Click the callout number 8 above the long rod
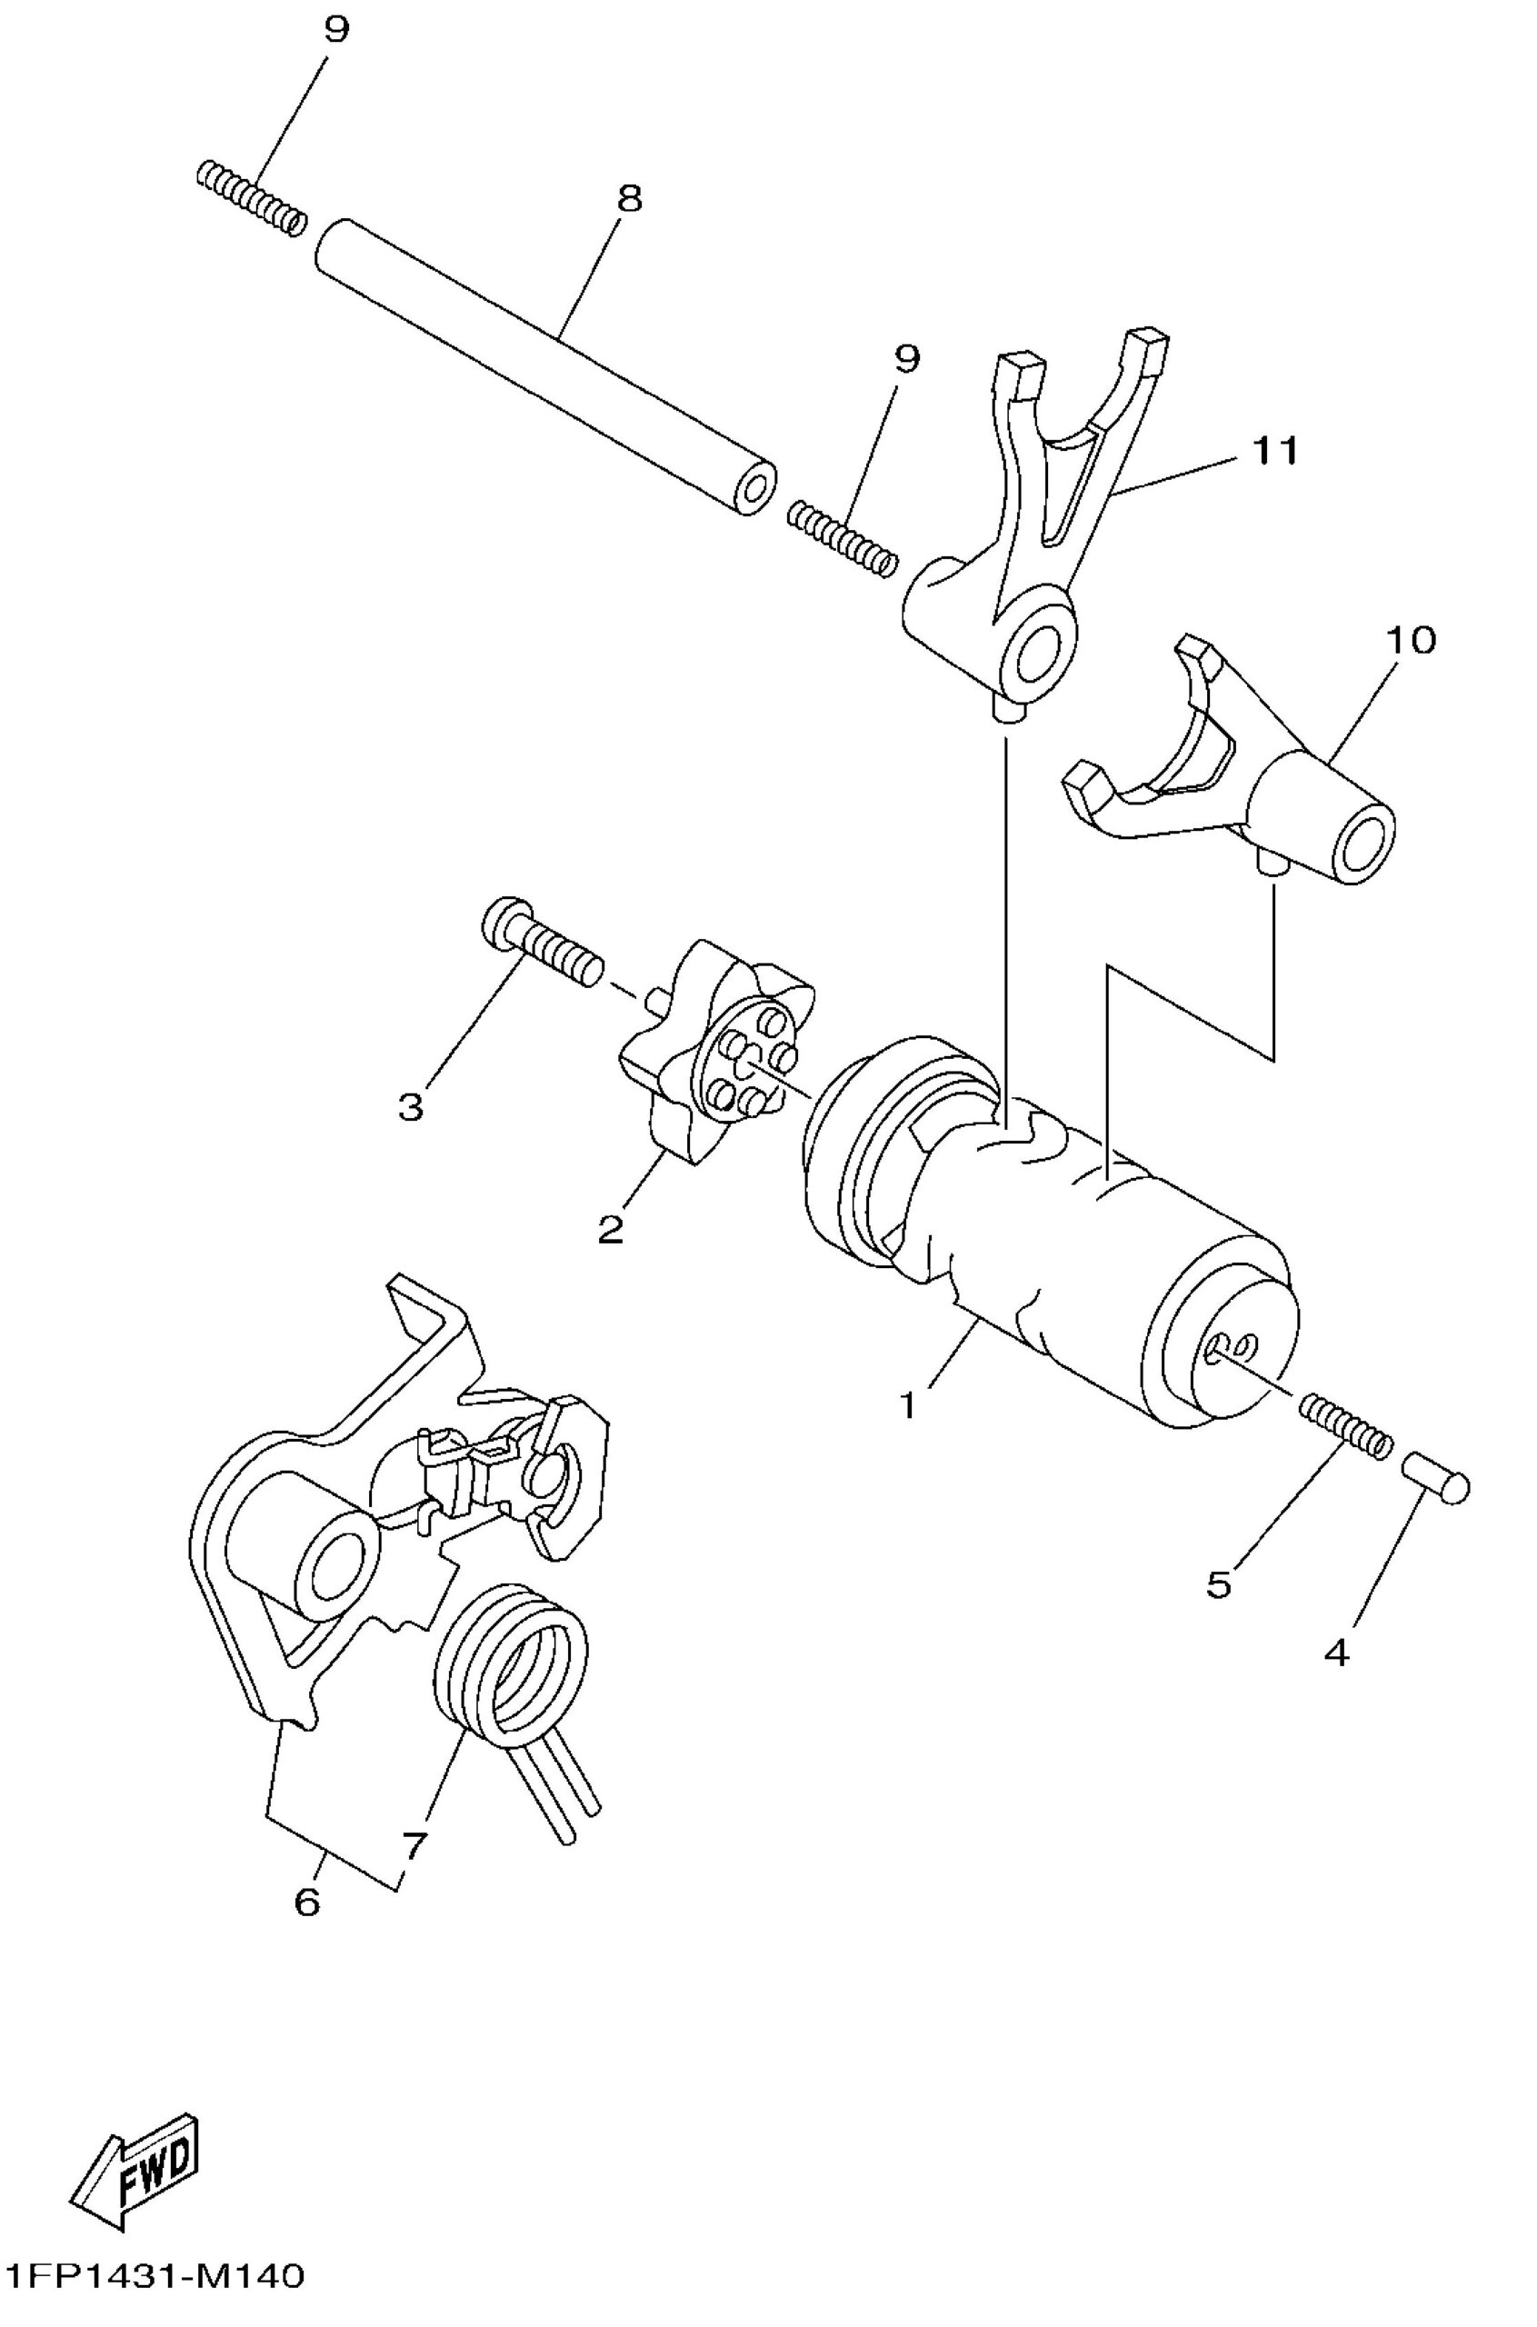pyautogui.click(x=628, y=199)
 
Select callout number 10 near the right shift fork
pyautogui.click(x=1411, y=640)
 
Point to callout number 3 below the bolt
pyautogui.click(x=411, y=1108)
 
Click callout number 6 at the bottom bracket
pyautogui.click(x=307, y=1903)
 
